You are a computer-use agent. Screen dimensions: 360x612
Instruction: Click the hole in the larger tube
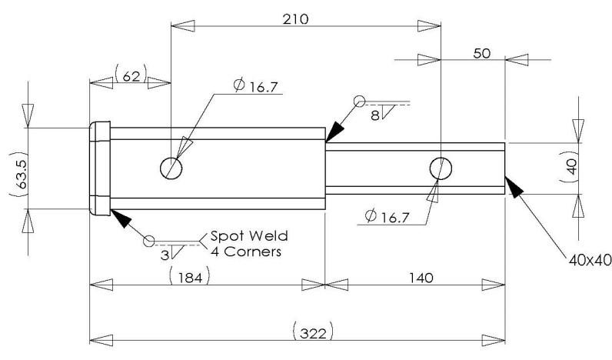pyautogui.click(x=170, y=167)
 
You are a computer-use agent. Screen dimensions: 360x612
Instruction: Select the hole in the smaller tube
pyautogui.click(x=441, y=167)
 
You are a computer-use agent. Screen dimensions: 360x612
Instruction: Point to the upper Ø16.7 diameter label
pyautogui.click(x=256, y=86)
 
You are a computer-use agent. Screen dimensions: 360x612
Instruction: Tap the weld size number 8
pyautogui.click(x=374, y=115)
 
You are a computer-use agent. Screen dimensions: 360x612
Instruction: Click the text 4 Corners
pyautogui.click(x=240, y=252)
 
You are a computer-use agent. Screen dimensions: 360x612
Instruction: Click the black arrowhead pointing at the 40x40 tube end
pyautogui.click(x=514, y=185)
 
